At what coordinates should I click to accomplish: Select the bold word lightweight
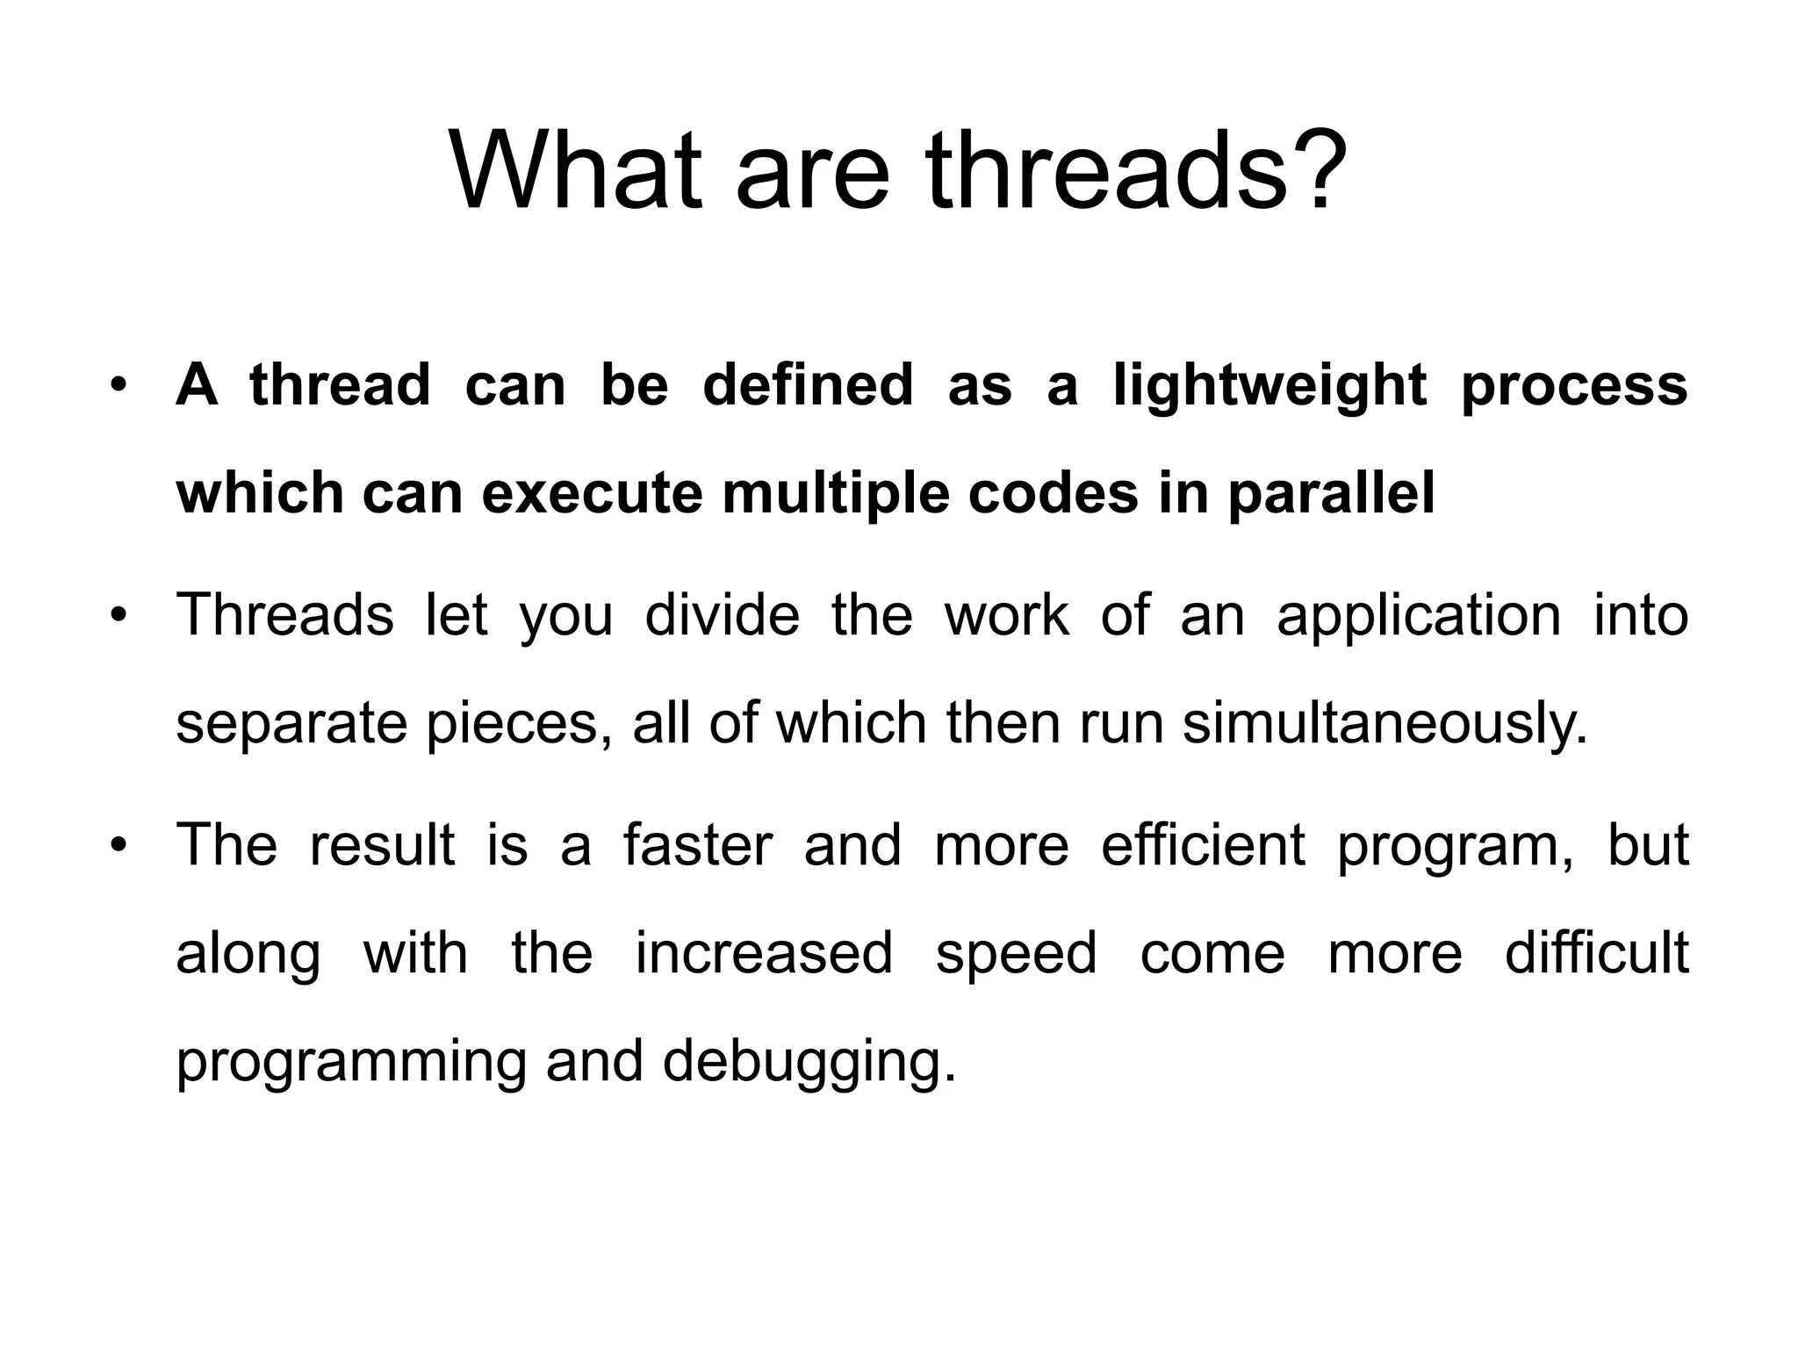tap(1269, 386)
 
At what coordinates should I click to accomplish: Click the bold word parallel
tap(1331, 494)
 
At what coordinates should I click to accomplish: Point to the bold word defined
tap(808, 386)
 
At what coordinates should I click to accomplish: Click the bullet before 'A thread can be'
tap(119, 387)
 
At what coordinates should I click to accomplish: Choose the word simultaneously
tap(1385, 725)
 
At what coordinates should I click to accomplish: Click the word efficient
tap(1203, 846)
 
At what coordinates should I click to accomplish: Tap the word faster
tap(698, 846)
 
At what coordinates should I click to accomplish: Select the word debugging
tap(808, 1063)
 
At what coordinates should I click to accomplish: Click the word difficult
tap(1596, 954)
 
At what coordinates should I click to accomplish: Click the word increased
tap(763, 954)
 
